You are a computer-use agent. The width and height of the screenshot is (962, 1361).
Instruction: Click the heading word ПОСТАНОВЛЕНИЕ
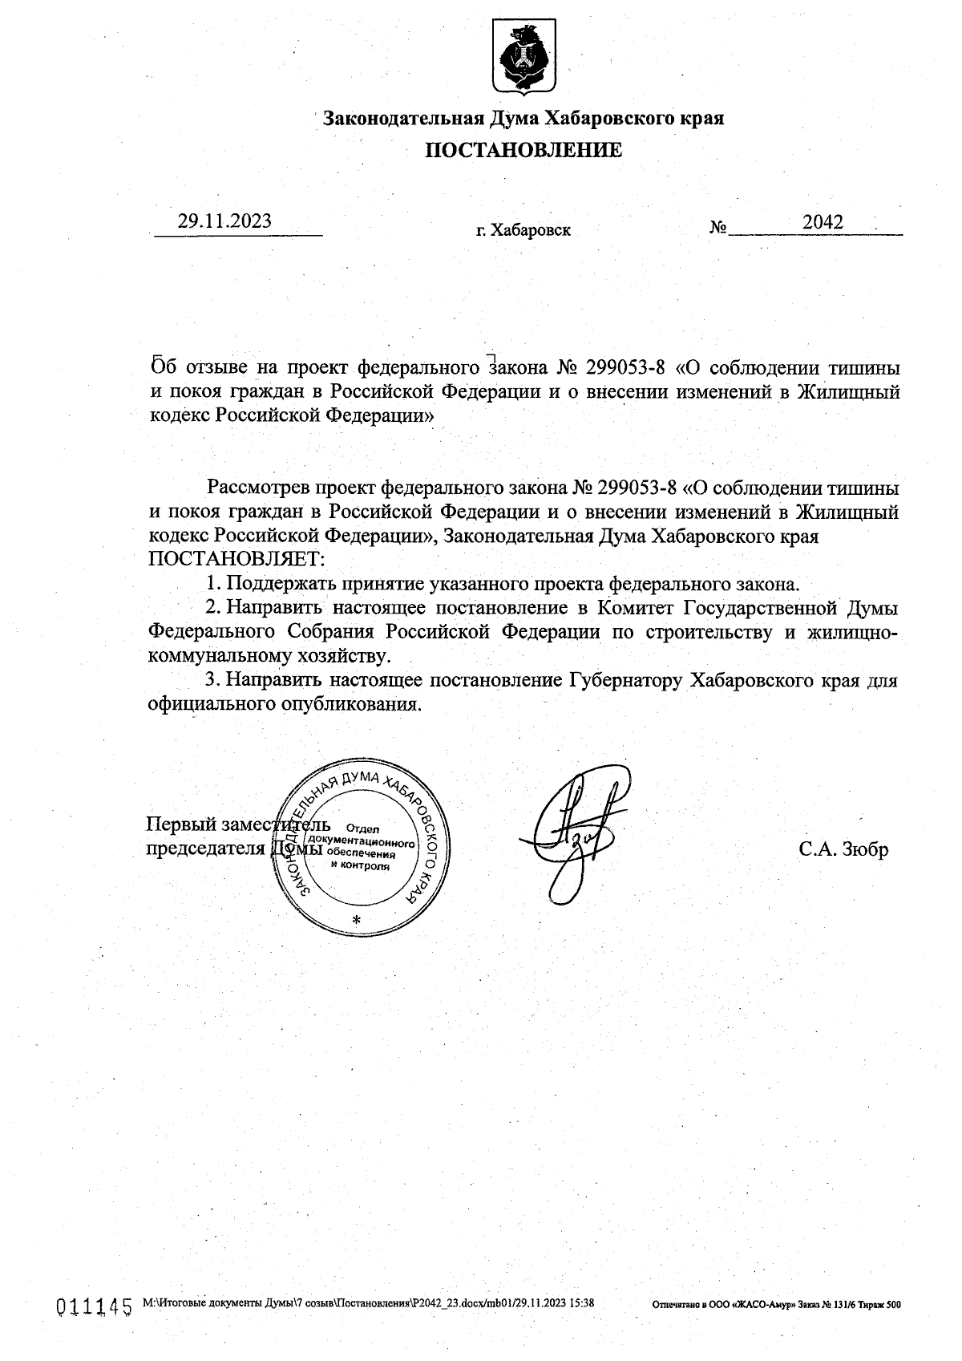pyautogui.click(x=523, y=150)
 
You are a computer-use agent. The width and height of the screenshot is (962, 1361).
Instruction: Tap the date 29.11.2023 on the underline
pyautogui.click(x=224, y=221)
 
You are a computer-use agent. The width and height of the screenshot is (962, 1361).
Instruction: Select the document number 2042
pyautogui.click(x=823, y=223)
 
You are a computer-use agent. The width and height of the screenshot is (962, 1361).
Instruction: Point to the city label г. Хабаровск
pyautogui.click(x=523, y=231)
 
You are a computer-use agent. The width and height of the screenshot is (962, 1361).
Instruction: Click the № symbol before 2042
pyautogui.click(x=717, y=228)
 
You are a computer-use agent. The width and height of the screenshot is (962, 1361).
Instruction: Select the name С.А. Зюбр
pyautogui.click(x=843, y=850)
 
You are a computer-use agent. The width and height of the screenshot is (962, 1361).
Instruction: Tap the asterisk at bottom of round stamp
pyautogui.click(x=358, y=919)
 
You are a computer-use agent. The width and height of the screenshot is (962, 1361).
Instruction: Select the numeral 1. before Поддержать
pyautogui.click(x=212, y=584)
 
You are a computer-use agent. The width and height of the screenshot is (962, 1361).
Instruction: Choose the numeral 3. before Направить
pyautogui.click(x=212, y=681)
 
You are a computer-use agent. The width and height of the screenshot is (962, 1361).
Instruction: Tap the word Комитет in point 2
pyautogui.click(x=632, y=607)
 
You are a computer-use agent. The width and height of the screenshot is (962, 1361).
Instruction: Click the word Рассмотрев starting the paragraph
pyautogui.click(x=258, y=488)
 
